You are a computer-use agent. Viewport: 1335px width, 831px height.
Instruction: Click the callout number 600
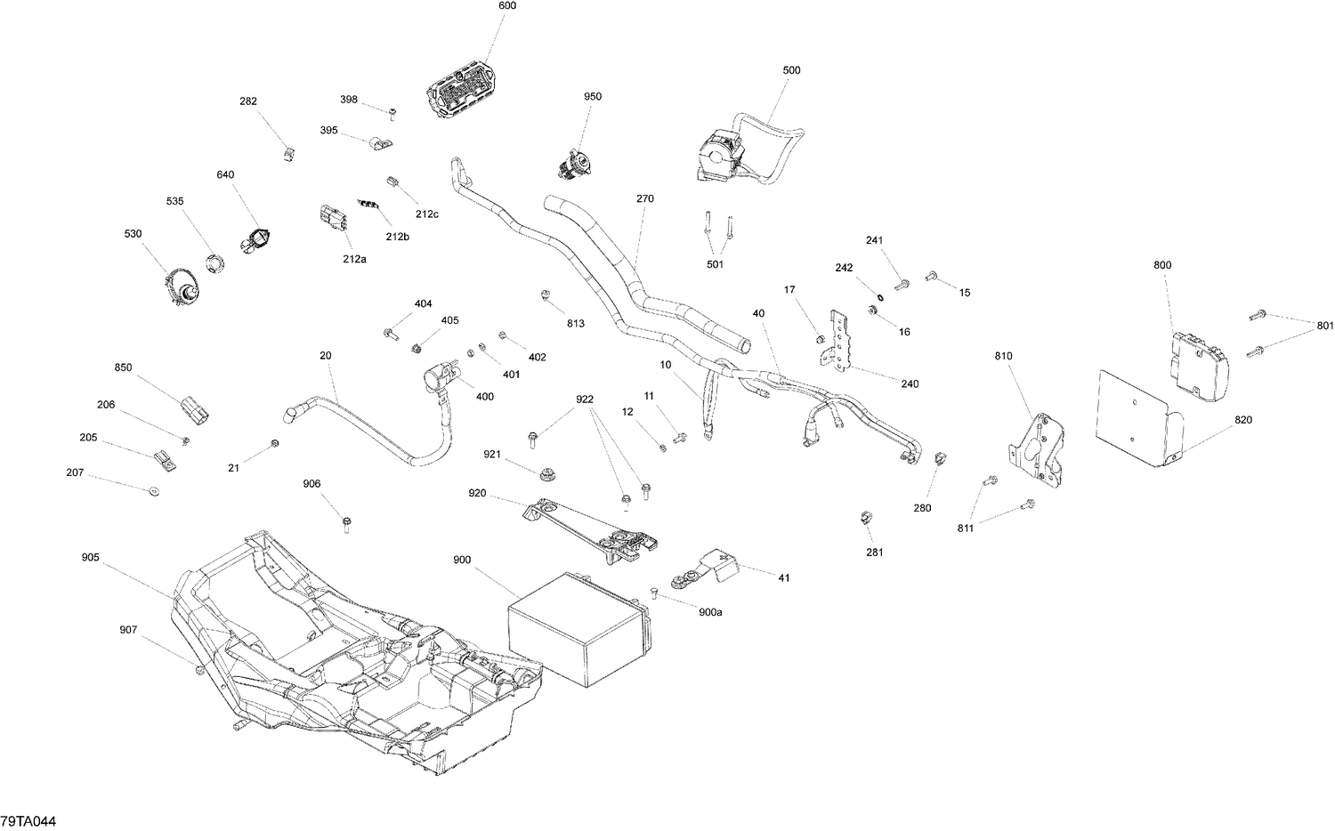[506, 6]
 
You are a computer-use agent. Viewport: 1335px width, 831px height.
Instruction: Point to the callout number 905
[90, 558]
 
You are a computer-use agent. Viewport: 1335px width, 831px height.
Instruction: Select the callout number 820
[1243, 420]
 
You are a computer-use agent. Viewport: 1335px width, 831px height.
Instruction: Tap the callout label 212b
[398, 237]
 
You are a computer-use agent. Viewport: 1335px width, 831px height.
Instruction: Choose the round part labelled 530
[182, 287]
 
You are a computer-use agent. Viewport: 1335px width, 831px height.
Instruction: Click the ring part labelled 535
[214, 262]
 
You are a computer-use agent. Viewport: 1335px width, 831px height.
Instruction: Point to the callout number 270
[644, 198]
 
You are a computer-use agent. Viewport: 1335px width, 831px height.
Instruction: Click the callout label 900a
[710, 612]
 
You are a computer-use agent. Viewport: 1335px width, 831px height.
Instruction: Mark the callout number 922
[584, 399]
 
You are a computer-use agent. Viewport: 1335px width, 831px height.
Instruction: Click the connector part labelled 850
[195, 410]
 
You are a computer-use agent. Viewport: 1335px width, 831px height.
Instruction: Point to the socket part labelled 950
[573, 163]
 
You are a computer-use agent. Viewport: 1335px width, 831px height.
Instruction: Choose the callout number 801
[1325, 326]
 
